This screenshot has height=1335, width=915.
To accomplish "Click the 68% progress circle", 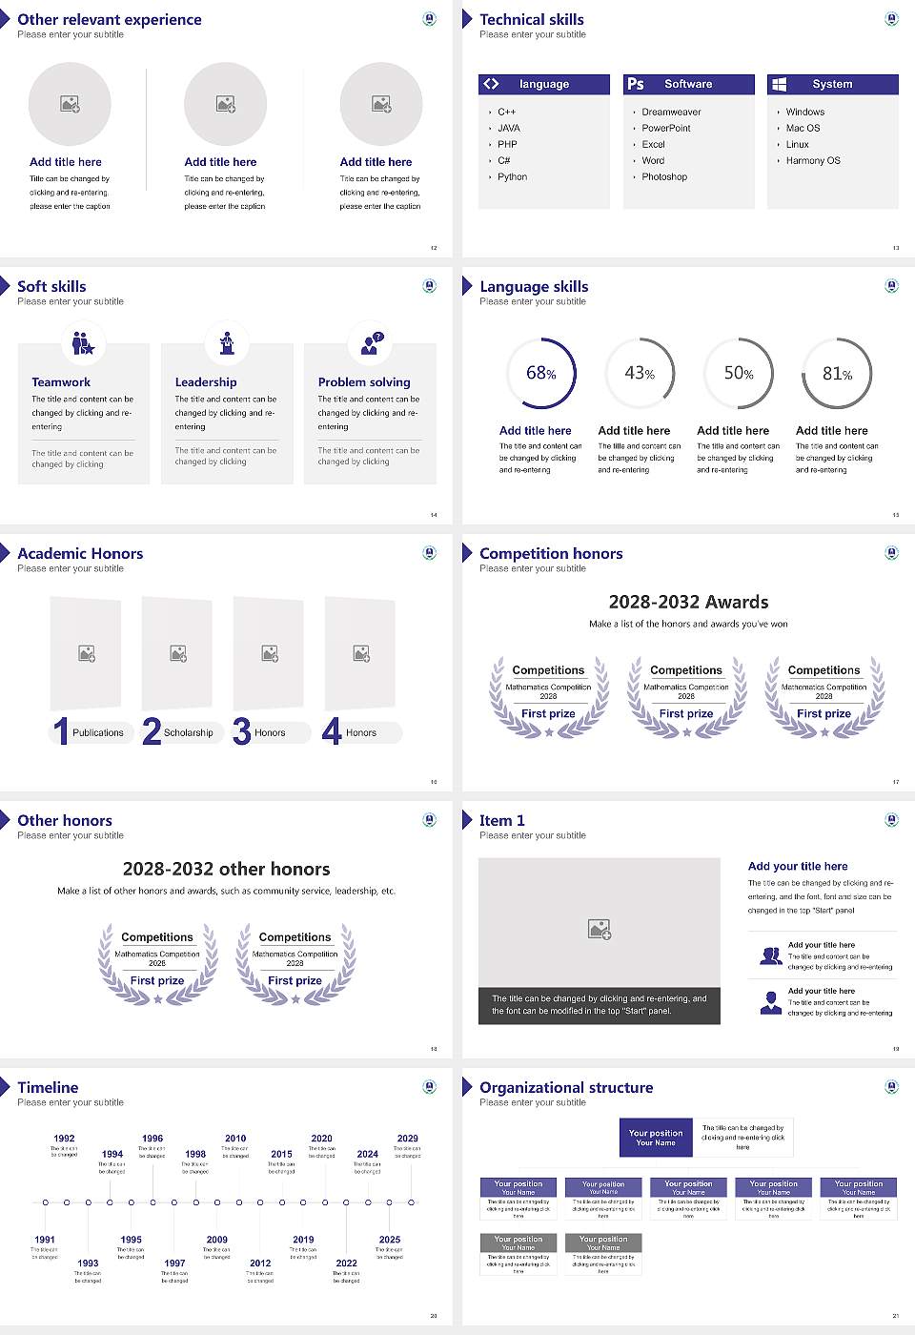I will click(x=540, y=373).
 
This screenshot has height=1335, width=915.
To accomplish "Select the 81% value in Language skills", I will click(x=837, y=374).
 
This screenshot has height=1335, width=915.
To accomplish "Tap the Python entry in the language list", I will click(x=512, y=176).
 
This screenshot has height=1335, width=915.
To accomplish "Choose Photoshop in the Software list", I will click(x=664, y=176).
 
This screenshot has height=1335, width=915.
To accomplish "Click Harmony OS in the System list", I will click(x=813, y=160).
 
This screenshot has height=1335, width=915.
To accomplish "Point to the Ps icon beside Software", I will click(x=636, y=84).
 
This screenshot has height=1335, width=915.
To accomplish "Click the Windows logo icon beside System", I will click(x=779, y=84).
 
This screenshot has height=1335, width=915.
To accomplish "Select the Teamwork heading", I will click(x=61, y=381).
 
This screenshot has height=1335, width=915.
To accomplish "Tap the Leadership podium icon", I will click(x=227, y=342).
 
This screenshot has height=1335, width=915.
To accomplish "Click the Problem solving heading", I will click(x=364, y=381).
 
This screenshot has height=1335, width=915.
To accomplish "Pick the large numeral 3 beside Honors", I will click(x=241, y=731).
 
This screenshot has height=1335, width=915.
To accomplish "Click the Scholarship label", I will click(x=188, y=732).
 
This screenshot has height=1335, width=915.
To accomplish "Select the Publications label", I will click(x=98, y=732).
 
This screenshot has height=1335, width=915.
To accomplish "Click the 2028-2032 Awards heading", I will click(x=688, y=602).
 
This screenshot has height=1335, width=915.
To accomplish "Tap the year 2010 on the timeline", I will click(x=235, y=1138).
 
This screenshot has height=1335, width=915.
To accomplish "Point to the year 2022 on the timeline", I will click(x=346, y=1263).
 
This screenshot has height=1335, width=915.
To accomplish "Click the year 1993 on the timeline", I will click(x=88, y=1263).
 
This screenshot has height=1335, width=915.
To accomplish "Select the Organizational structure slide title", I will click(x=566, y=1087).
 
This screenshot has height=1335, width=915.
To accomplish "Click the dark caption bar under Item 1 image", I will click(x=599, y=1005).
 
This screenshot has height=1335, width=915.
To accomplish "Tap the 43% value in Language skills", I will click(x=640, y=374).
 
